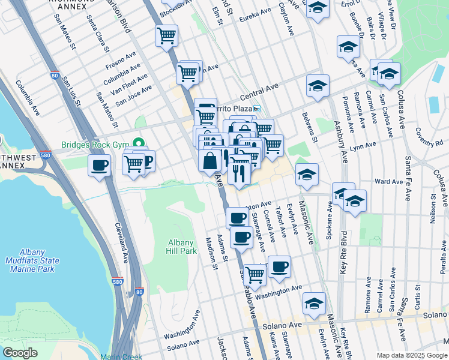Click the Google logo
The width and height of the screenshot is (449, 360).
click(20, 353)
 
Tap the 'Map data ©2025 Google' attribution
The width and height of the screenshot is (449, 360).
click(412, 355)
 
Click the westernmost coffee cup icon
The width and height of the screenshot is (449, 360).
click(99, 166)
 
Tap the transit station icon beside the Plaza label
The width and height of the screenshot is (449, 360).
click(256, 109)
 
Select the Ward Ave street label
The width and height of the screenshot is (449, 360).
click(388, 181)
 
